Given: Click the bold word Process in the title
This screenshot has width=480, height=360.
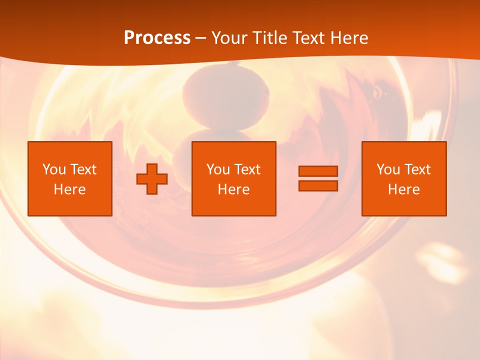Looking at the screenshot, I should click(157, 37).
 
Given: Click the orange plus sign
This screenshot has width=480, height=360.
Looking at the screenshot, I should click(152, 179).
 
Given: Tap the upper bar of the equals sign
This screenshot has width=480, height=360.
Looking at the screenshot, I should click(318, 171).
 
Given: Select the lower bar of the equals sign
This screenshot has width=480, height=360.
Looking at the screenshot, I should click(318, 185).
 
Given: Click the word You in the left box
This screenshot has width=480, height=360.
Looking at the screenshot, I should click(54, 169).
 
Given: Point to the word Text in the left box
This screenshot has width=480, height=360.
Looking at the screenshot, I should click(83, 169).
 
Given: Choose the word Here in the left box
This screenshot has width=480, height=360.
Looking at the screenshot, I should click(69, 189).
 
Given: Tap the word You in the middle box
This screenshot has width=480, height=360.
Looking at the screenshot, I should click(218, 169).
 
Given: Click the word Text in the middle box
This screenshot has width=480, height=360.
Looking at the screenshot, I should click(247, 169).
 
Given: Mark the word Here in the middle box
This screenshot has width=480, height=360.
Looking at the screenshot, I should click(233, 189).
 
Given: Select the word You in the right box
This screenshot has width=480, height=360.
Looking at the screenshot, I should click(388, 169).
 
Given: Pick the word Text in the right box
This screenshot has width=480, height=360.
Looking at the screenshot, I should click(417, 169).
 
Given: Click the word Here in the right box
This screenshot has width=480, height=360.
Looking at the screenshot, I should click(403, 189).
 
